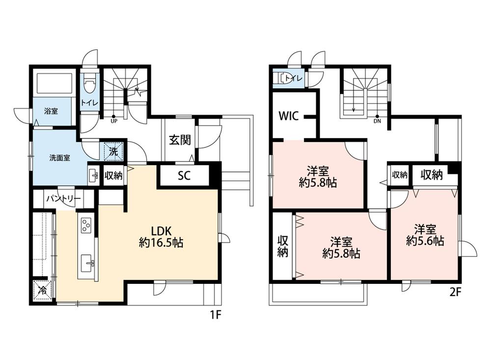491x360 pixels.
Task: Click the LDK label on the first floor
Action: coord(161,231)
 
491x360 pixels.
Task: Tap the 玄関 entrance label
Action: coord(180,140)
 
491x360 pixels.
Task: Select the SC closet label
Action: coord(184,176)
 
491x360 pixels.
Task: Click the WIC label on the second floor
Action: coord(289,116)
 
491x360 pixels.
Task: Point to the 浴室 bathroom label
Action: coord(51,111)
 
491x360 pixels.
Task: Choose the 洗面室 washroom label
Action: coord(59,158)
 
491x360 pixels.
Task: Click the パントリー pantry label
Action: coord(63,198)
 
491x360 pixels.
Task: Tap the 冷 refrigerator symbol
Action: coord(42,290)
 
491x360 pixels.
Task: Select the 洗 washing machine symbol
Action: coord(113,151)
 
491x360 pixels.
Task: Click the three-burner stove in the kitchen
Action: coord(86,225)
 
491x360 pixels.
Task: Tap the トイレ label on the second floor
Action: coord(294,78)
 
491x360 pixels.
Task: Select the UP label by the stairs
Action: coord(114,121)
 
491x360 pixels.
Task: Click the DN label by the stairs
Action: coord(377,121)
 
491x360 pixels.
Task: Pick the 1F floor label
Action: coord(216,315)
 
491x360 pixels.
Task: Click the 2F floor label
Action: coord(455,293)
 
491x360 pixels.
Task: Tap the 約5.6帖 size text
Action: coord(425,241)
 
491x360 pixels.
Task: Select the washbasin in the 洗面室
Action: coord(93,176)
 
